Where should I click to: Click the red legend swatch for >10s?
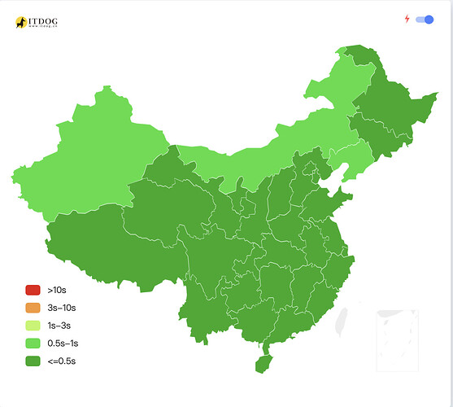(33, 290)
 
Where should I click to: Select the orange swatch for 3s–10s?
(33, 308)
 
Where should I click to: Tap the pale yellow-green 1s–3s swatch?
(33, 326)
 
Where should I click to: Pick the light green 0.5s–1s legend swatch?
(33, 343)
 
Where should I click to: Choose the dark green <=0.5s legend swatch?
(33, 361)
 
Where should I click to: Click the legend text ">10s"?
(57, 290)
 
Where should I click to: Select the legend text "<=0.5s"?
(62, 361)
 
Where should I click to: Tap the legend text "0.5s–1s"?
(63, 343)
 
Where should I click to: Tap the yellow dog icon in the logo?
(21, 22)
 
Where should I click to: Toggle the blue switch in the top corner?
(424, 20)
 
